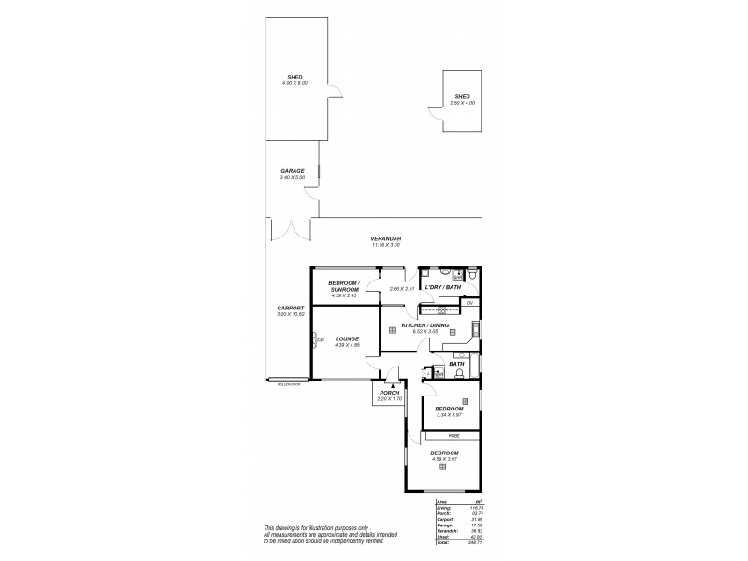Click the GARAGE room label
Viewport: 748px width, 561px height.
(x=293, y=171)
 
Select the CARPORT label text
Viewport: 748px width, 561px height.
(x=288, y=309)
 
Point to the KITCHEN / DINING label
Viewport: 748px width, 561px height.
(x=425, y=325)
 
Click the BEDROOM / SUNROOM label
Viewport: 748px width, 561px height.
(x=344, y=287)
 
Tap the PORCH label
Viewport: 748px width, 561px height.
(x=389, y=392)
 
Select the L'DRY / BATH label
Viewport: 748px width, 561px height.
(x=443, y=288)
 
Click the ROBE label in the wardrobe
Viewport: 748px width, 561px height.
(x=453, y=435)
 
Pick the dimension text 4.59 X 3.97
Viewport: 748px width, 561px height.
(x=444, y=458)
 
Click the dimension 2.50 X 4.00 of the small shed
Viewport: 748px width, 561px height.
(x=462, y=102)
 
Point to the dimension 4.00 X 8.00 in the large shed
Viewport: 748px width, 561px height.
(x=295, y=83)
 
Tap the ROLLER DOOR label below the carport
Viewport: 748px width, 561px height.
(x=289, y=383)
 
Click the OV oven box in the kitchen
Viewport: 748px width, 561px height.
(x=471, y=304)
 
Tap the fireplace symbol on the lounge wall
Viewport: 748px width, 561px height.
(x=315, y=340)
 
